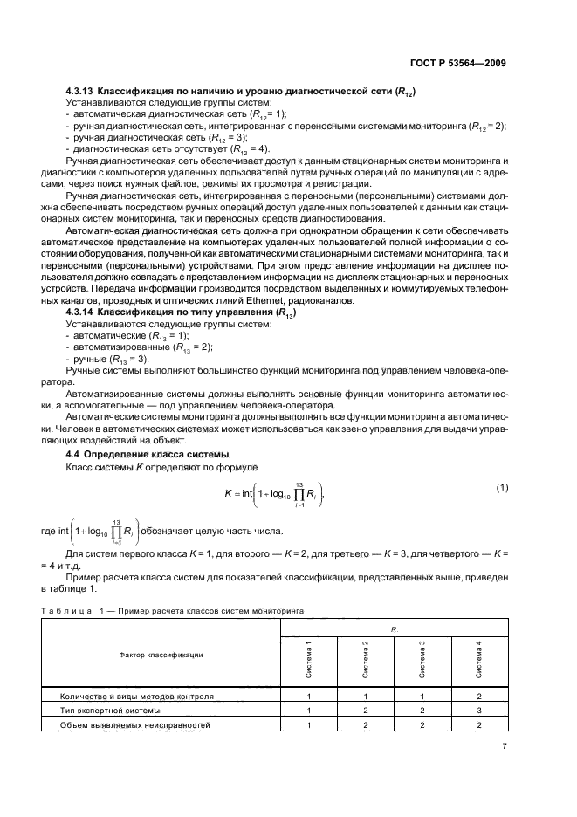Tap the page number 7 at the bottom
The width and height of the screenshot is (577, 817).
(x=505, y=746)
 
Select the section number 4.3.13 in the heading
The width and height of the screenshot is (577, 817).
(x=80, y=92)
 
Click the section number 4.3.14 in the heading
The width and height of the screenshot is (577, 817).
(x=80, y=312)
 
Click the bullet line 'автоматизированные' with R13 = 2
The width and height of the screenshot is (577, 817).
(x=133, y=347)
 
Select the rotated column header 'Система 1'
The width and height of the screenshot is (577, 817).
(x=309, y=658)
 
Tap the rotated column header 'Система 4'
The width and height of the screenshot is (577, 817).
(x=478, y=658)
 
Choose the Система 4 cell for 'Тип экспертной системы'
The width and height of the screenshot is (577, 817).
(x=478, y=711)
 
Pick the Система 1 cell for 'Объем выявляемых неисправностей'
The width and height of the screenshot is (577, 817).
(x=309, y=725)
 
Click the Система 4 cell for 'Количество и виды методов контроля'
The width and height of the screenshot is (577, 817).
(x=478, y=697)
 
